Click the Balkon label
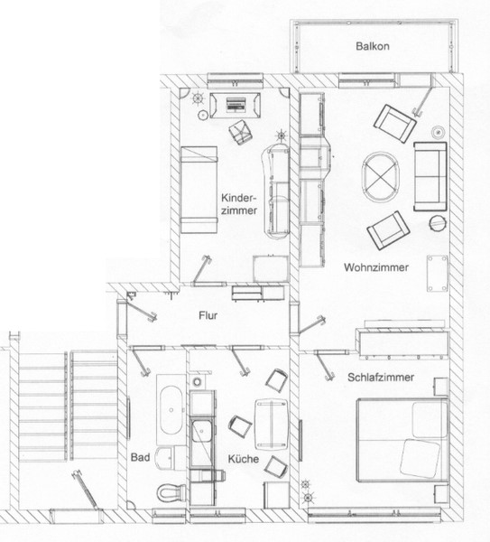373,46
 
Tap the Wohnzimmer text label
376,267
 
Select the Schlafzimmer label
381,377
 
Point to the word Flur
208,315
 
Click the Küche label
243,459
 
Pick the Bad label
140,457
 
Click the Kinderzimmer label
239,204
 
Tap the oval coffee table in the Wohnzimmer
381,177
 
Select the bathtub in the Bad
171,410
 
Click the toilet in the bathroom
171,492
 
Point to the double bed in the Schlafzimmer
402,440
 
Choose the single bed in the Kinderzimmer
199,190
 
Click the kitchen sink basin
201,431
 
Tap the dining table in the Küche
272,425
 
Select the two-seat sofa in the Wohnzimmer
430,176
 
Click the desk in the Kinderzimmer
236,105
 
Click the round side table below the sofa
439,223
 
